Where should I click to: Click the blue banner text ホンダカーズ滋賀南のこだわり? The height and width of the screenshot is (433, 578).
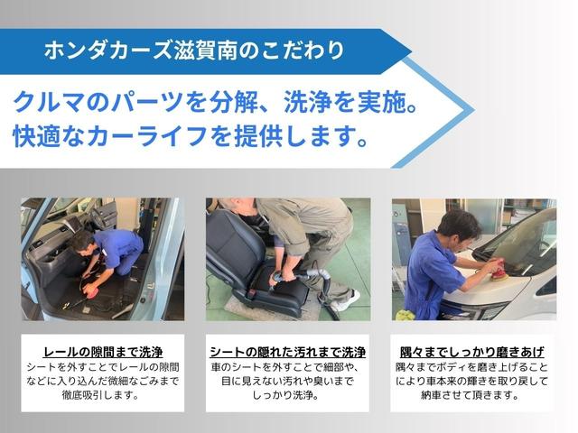[x=194, y=51]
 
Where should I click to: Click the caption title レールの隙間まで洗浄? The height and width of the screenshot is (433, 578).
[x=102, y=352]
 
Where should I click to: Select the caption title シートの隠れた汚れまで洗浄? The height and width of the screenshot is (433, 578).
[x=287, y=352]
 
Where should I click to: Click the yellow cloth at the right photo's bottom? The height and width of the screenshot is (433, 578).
[x=406, y=315]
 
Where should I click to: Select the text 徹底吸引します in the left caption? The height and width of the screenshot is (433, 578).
[x=102, y=395]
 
